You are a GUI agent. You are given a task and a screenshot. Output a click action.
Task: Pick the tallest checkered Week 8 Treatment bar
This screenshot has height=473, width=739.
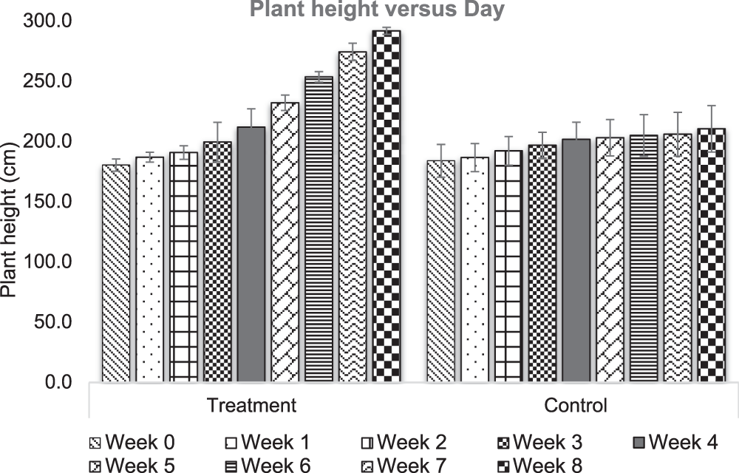pyautogui.click(x=386, y=206)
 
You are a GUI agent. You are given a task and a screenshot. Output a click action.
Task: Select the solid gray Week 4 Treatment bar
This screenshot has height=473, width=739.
pyautogui.click(x=251, y=254)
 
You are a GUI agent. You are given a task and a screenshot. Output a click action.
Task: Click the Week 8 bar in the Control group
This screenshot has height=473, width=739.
pyautogui.click(x=711, y=255)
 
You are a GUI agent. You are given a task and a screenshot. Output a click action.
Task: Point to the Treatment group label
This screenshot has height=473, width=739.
pyautogui.click(x=252, y=405)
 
